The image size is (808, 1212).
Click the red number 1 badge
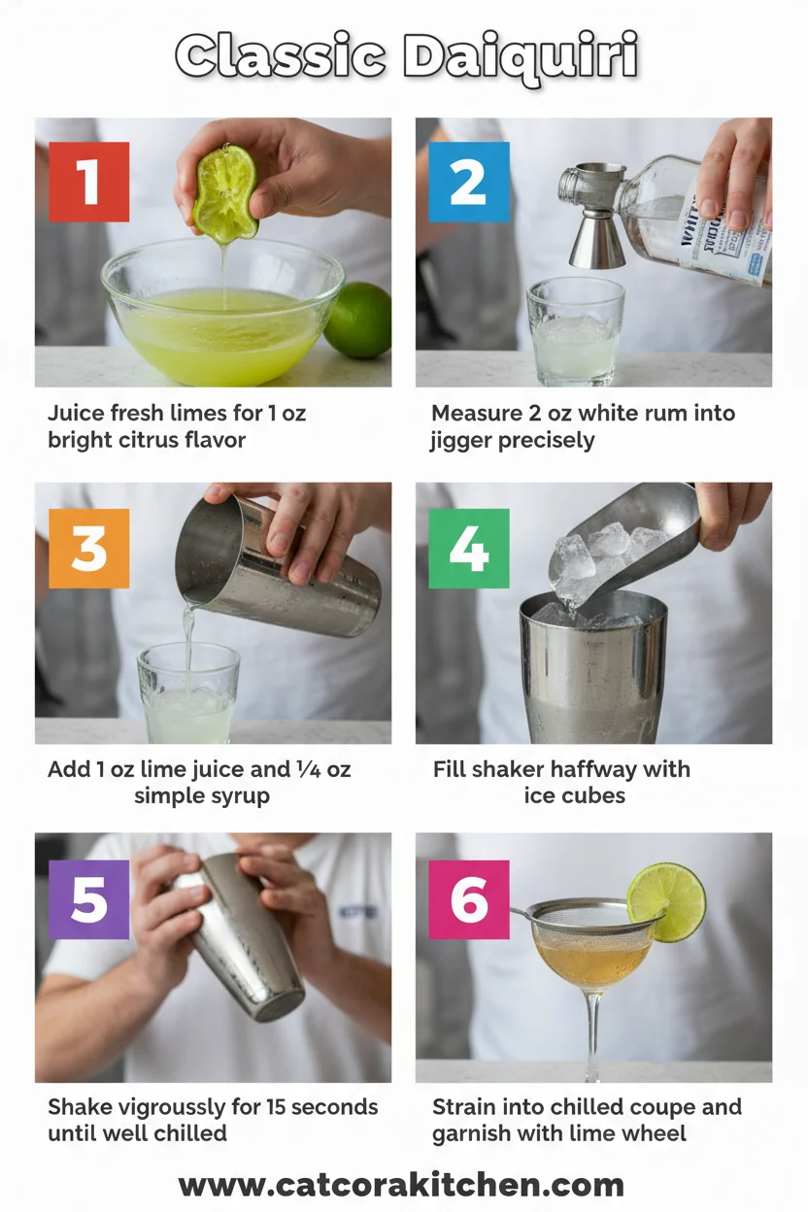click(88, 182)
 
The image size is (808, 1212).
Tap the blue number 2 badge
click(469, 182)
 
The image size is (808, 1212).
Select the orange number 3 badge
click(88, 549)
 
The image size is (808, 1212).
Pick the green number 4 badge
click(469, 549)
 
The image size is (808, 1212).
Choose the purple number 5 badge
click(88, 899)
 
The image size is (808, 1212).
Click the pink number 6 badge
click(469, 899)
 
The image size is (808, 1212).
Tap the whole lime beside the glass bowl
click(359, 320)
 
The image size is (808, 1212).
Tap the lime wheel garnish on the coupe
click(666, 902)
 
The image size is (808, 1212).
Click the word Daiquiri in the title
click(521, 57)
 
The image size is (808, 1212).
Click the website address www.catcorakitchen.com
click(401, 1185)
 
